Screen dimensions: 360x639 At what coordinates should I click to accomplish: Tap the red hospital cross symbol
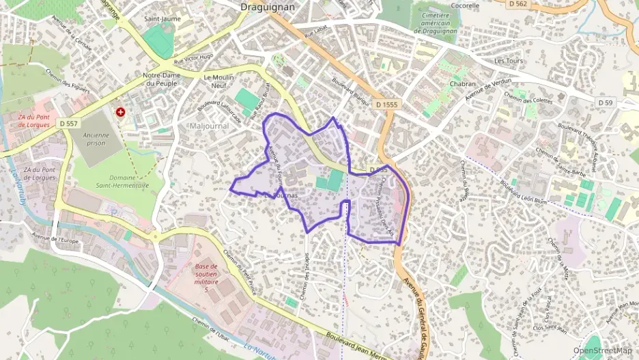coord(121,111)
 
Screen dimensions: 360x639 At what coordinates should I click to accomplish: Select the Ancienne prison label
coord(96,139)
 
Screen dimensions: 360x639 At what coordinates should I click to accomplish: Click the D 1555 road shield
coord(386,105)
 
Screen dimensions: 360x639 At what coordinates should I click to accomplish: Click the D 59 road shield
coord(606,102)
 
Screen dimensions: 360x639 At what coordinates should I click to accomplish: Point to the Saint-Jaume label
coord(162,18)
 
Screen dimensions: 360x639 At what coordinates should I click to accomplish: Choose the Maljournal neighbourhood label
coord(209,126)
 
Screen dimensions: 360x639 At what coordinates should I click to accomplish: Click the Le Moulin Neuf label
coord(219,81)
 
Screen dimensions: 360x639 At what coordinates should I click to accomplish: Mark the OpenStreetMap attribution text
coord(602,350)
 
